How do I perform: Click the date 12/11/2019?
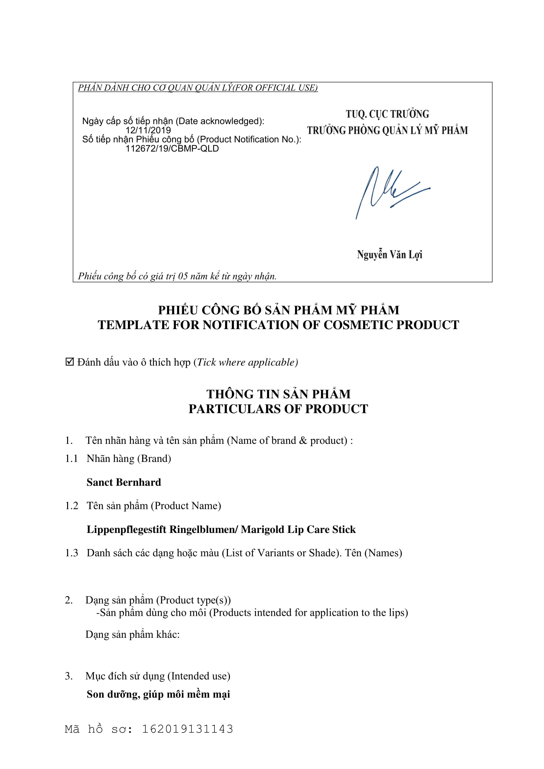click(x=148, y=130)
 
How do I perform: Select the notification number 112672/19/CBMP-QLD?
click(x=172, y=149)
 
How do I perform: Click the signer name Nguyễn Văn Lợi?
click(x=389, y=255)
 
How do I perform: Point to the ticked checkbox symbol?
click(x=69, y=362)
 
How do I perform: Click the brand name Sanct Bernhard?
click(x=124, y=482)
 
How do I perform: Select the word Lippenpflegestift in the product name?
click(x=126, y=530)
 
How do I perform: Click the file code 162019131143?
click(x=187, y=729)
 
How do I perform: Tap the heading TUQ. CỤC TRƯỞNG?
click(x=387, y=114)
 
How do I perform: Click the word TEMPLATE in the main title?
click(x=133, y=325)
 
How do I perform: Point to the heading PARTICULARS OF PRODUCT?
click(x=278, y=409)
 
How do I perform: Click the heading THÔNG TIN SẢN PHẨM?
click(x=278, y=394)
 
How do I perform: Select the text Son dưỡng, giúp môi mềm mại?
click(x=158, y=694)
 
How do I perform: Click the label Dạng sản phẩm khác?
click(x=132, y=634)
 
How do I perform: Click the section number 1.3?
click(x=71, y=553)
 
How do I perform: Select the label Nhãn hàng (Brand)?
click(x=129, y=459)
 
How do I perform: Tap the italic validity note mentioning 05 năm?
click(x=177, y=276)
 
